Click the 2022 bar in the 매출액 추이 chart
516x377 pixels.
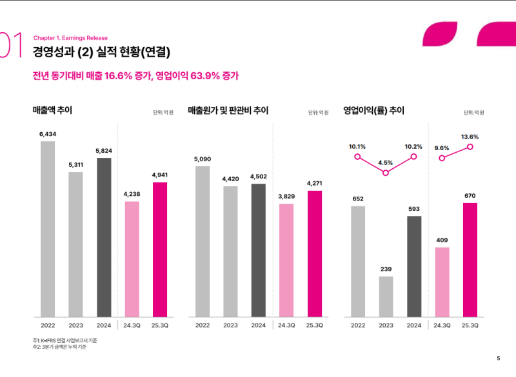[x=48, y=229]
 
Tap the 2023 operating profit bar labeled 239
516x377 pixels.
[x=386, y=296]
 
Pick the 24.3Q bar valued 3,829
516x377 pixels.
[x=286, y=260]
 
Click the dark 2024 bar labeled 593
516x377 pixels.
[x=414, y=266]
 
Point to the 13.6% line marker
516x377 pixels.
[x=470, y=147]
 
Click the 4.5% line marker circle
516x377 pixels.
[x=386, y=173]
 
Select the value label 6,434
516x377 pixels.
[x=48, y=134]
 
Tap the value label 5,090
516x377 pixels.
[x=203, y=159]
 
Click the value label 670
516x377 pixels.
[x=470, y=195]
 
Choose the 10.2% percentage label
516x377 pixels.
[x=413, y=146]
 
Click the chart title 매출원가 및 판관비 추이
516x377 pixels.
[x=228, y=111]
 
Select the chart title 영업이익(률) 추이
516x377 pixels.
[x=373, y=111]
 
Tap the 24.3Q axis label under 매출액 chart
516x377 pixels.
[x=132, y=325]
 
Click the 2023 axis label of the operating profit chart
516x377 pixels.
[x=386, y=325]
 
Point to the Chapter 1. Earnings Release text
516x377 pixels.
[x=70, y=38]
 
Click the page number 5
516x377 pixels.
[x=498, y=358]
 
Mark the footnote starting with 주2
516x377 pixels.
[x=59, y=347]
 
